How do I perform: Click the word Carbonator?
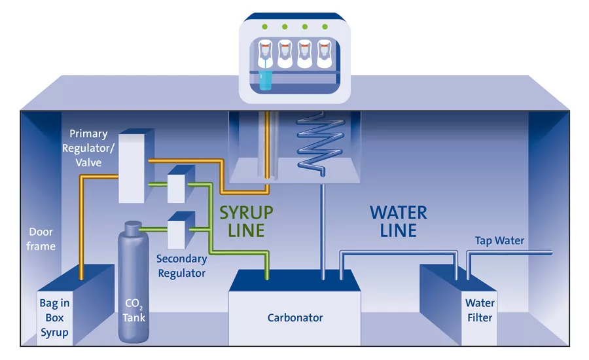coord(295,318)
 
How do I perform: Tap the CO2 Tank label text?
coord(134,311)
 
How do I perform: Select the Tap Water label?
coord(499,241)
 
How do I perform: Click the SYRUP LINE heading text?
coord(246,222)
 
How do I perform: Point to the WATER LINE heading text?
coord(398,222)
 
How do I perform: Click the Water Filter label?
coord(480,310)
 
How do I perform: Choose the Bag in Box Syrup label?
coord(54,317)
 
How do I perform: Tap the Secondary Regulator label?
coord(181,265)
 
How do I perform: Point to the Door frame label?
coord(41,239)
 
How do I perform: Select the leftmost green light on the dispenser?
coord(265,27)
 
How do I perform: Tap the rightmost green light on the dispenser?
coord(324,27)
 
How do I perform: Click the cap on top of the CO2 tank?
coord(133,226)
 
